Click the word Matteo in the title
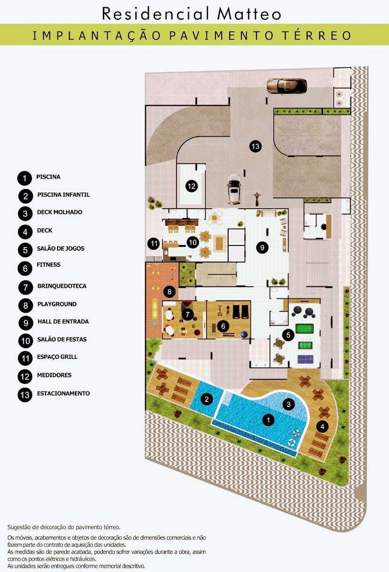click(x=249, y=14)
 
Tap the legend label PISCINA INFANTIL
click(x=63, y=195)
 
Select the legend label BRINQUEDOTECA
click(x=62, y=286)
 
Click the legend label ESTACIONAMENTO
click(x=63, y=393)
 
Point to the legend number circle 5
click(x=25, y=250)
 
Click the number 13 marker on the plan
click(x=256, y=147)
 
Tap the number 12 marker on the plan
click(x=192, y=186)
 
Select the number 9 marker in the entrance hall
click(x=262, y=247)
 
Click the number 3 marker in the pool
click(x=289, y=404)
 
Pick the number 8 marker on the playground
click(x=169, y=291)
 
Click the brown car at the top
click(x=287, y=87)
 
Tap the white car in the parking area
click(x=234, y=189)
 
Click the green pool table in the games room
click(x=305, y=329)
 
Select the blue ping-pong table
click(x=306, y=360)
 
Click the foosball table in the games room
click(x=306, y=345)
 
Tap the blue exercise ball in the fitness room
click(x=244, y=334)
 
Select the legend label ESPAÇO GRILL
click(x=57, y=357)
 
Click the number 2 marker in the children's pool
click(x=207, y=399)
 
